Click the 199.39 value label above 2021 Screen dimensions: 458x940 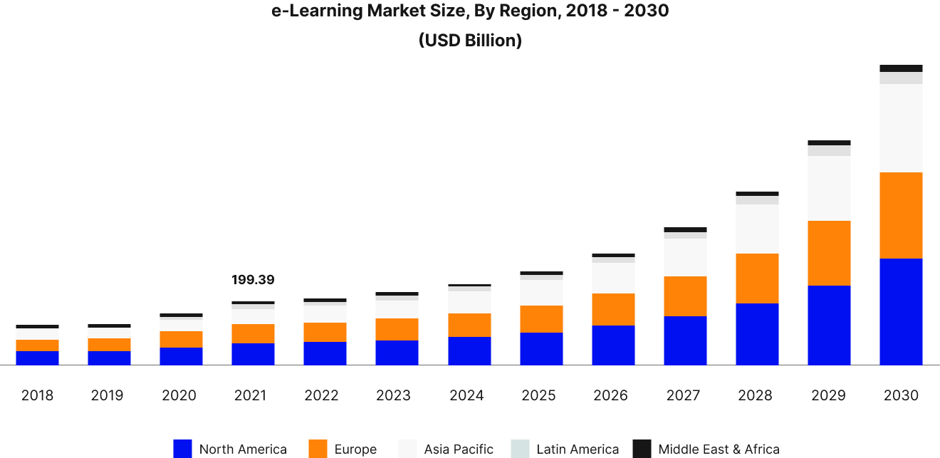click(x=253, y=280)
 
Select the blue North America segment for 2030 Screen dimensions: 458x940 click(x=901, y=312)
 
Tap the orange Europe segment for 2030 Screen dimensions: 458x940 click(x=901, y=215)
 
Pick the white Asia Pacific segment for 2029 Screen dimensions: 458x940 click(x=829, y=188)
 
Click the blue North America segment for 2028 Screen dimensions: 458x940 click(x=757, y=334)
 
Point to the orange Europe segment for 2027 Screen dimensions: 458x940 click(x=685, y=296)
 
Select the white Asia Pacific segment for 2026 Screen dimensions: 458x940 click(x=613, y=278)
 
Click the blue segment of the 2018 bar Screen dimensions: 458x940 click(x=37, y=358)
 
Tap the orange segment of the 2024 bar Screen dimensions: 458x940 click(x=469, y=325)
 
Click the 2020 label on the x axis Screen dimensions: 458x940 click(x=179, y=395)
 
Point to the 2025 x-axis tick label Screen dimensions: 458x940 click(x=539, y=395)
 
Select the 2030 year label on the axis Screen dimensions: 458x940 click(x=901, y=395)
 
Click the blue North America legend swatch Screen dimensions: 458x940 click(x=182, y=449)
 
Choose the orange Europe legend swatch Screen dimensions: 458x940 click(x=318, y=449)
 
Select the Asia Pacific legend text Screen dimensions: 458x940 click(x=459, y=449)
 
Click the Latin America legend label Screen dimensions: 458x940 click(x=578, y=449)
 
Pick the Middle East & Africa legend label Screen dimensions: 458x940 click(x=719, y=449)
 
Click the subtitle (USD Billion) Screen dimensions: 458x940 click(x=470, y=41)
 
